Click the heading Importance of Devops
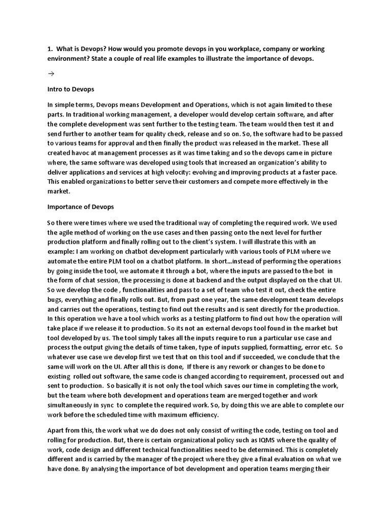tap(81, 207)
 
